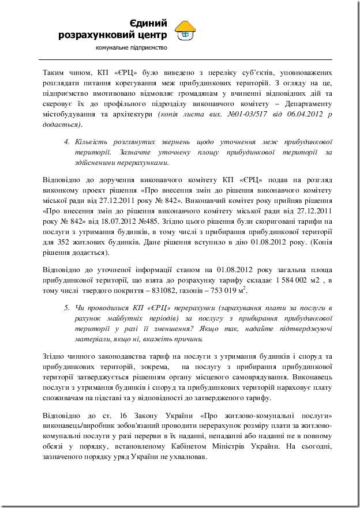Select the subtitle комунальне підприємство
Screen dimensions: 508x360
tap(131, 47)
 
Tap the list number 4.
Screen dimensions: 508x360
tap(66, 141)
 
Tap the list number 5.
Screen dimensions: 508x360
tap(66, 308)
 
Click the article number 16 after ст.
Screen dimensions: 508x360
tap(110, 416)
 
